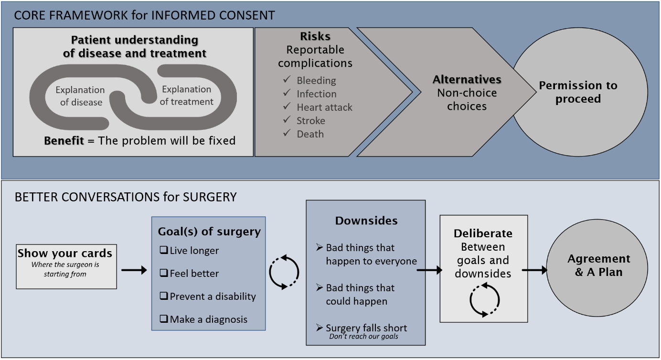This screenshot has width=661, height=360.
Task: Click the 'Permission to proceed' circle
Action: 580,92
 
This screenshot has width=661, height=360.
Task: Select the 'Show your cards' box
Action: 66,266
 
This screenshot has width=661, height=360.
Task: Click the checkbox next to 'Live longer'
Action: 164,251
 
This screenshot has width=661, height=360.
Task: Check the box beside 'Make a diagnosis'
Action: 164,319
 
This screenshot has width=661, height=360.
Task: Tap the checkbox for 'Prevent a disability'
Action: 164,296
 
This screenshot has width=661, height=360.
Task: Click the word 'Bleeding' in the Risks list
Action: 316,81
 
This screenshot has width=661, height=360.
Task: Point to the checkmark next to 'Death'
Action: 287,133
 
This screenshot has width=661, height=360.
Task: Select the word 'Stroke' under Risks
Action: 310,121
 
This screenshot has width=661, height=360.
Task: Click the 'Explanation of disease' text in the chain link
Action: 80,96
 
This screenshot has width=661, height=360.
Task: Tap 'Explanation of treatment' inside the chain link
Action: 186,95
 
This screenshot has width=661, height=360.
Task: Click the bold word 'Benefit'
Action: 64,141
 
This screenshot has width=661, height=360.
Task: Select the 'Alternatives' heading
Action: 467,80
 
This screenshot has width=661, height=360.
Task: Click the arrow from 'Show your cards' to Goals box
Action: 134,270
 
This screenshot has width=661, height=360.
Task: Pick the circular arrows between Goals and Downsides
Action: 285,272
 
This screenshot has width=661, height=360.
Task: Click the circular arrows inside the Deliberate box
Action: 484,300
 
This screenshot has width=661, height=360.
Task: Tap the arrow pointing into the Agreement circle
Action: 534,270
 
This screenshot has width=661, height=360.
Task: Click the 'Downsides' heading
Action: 366,221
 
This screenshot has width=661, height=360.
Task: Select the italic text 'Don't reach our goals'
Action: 363,336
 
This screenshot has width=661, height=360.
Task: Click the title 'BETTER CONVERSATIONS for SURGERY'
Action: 126,197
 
